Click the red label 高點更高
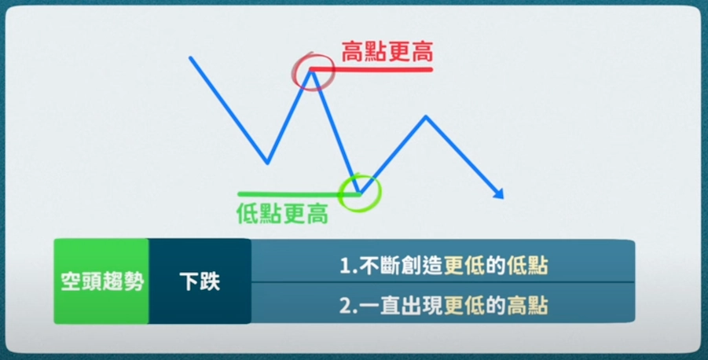pos(387,52)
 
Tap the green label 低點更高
pos(282,213)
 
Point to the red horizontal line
pos(371,69)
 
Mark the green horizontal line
pos(299,194)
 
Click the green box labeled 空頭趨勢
pos(101,281)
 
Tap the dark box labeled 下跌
pos(200,281)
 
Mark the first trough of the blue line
pos(268,162)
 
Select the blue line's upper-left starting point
pos(190,58)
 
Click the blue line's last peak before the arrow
pos(426,117)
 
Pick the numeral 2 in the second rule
pos(344,307)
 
